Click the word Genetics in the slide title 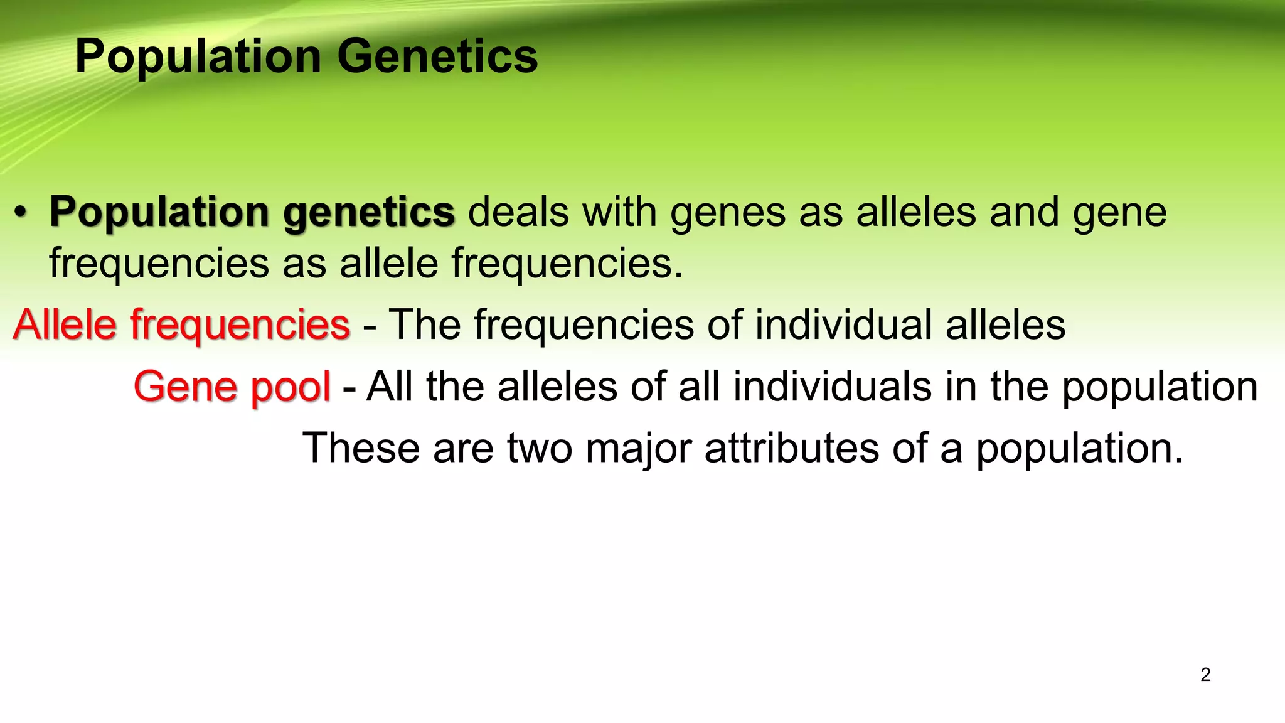pos(437,56)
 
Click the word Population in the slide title pos(198,56)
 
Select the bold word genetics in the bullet pos(369,212)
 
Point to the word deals pos(518,212)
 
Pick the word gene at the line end pos(1119,212)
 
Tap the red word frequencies pos(240,324)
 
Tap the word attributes pos(792,448)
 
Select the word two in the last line pos(540,448)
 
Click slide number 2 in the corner pos(1205,675)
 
